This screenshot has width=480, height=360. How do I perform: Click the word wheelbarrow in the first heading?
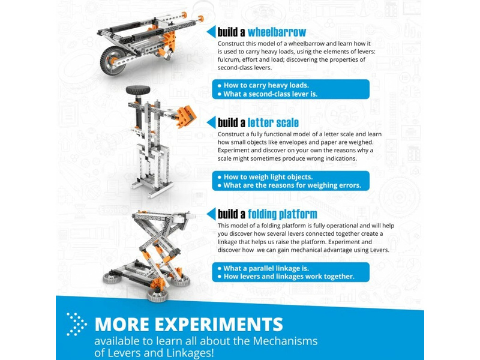pyautogui.click(x=277, y=32)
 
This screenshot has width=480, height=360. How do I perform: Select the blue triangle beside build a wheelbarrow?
pyautogui.click(x=211, y=32)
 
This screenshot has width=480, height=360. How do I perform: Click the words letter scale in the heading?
pyautogui.click(x=273, y=123)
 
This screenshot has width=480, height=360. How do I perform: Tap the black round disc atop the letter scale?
pyautogui.click(x=138, y=90)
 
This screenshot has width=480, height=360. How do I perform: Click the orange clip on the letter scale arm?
pyautogui.click(x=186, y=116)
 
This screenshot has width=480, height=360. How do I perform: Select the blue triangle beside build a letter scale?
pyautogui.click(x=211, y=122)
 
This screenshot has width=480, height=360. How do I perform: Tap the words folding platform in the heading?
pyautogui.click(x=283, y=214)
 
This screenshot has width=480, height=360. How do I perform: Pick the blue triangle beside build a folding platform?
pyautogui.click(x=211, y=214)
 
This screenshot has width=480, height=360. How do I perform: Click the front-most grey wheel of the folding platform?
pyautogui.click(x=157, y=295)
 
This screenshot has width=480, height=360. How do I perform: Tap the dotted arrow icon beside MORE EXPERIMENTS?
pyautogui.click(x=77, y=324)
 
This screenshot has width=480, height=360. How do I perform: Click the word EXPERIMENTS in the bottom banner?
pyautogui.click(x=219, y=324)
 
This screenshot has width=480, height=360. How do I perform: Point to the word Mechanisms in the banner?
pyautogui.click(x=286, y=341)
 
